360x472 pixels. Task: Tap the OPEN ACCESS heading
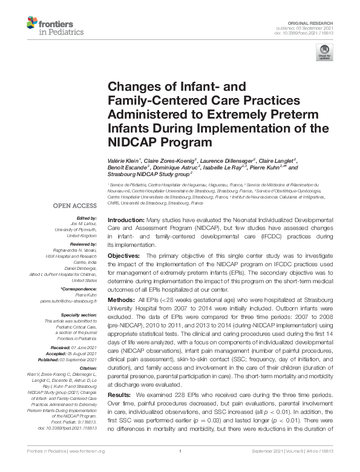pos(75,206)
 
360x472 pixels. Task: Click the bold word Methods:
pos(122,300)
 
